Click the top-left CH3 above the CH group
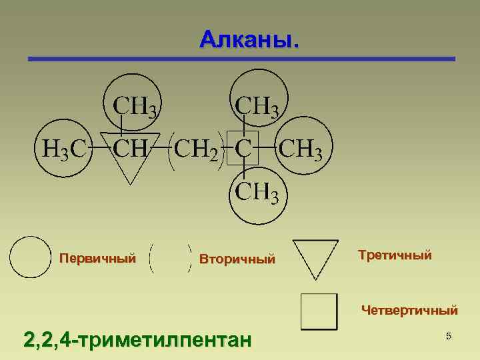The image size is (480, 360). (x=136, y=105)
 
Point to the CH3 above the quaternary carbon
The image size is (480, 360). (x=258, y=105)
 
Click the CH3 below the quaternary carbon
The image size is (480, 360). (x=257, y=193)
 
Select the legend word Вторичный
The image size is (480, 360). (x=237, y=259)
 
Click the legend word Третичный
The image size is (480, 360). (x=395, y=255)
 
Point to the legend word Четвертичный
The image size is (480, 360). (x=409, y=310)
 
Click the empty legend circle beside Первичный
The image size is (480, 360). (x=29, y=257)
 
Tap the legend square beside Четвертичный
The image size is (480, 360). (x=318, y=311)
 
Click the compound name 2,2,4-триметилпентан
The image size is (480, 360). (x=137, y=340)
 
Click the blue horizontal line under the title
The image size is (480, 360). (x=241, y=59)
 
